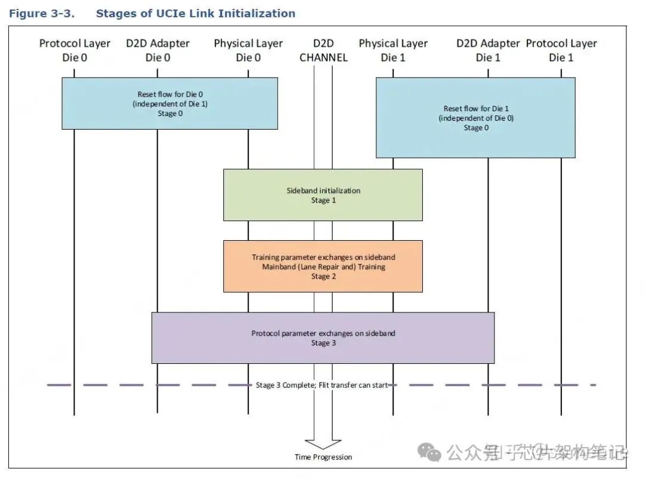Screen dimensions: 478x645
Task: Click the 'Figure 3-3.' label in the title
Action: (x=42, y=13)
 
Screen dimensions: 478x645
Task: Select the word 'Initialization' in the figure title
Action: (x=258, y=13)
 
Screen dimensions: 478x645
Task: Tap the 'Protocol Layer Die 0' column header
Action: (x=75, y=50)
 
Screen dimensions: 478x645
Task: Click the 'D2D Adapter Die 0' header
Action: (x=158, y=50)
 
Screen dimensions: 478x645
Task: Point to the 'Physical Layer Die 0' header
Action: (x=248, y=50)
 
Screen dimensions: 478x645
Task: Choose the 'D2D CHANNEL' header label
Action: (x=323, y=50)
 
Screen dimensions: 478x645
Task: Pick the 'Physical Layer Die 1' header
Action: (x=393, y=50)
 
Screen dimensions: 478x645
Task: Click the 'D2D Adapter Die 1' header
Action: (x=488, y=50)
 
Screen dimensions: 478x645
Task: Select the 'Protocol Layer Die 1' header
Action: (x=561, y=50)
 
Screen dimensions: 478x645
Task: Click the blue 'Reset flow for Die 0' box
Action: (x=170, y=103)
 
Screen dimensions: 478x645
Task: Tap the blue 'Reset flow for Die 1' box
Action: (x=475, y=117)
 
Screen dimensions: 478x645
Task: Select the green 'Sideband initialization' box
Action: (x=323, y=195)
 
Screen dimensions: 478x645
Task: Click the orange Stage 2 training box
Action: (x=323, y=266)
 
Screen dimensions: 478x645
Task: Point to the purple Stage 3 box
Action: (x=323, y=338)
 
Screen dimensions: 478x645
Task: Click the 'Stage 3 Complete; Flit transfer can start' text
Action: (x=321, y=385)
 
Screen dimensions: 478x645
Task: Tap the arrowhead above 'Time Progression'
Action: (x=323, y=444)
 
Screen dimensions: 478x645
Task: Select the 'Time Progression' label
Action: (x=323, y=457)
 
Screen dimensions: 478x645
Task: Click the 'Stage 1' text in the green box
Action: (x=323, y=201)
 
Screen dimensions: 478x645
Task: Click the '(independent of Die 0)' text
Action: (x=476, y=118)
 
